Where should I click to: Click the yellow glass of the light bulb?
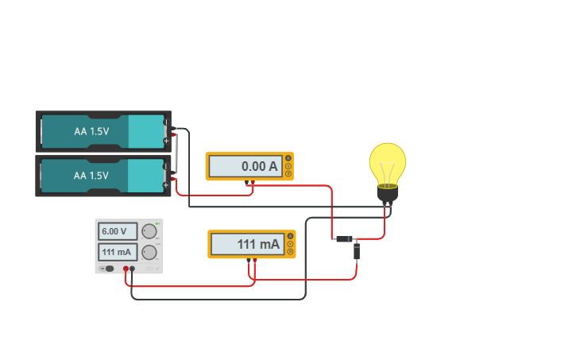(x=387, y=163)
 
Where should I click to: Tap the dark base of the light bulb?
(x=387, y=192)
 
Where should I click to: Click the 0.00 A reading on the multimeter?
(x=259, y=167)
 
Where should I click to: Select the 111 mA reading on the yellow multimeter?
(x=258, y=244)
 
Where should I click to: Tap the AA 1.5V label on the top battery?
(x=91, y=131)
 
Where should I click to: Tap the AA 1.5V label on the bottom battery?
(x=91, y=175)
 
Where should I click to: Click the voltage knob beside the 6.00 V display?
(x=149, y=231)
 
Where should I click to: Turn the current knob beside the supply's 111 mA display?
(x=149, y=253)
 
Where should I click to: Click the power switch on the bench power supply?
(x=109, y=269)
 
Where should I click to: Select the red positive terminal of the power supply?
(x=125, y=269)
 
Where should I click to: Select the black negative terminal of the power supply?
(x=132, y=269)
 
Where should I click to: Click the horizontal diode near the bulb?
(x=344, y=238)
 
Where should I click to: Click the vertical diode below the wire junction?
(x=357, y=251)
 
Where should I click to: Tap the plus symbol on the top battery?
(x=166, y=141)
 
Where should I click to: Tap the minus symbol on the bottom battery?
(x=166, y=166)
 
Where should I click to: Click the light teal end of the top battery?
(x=145, y=131)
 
